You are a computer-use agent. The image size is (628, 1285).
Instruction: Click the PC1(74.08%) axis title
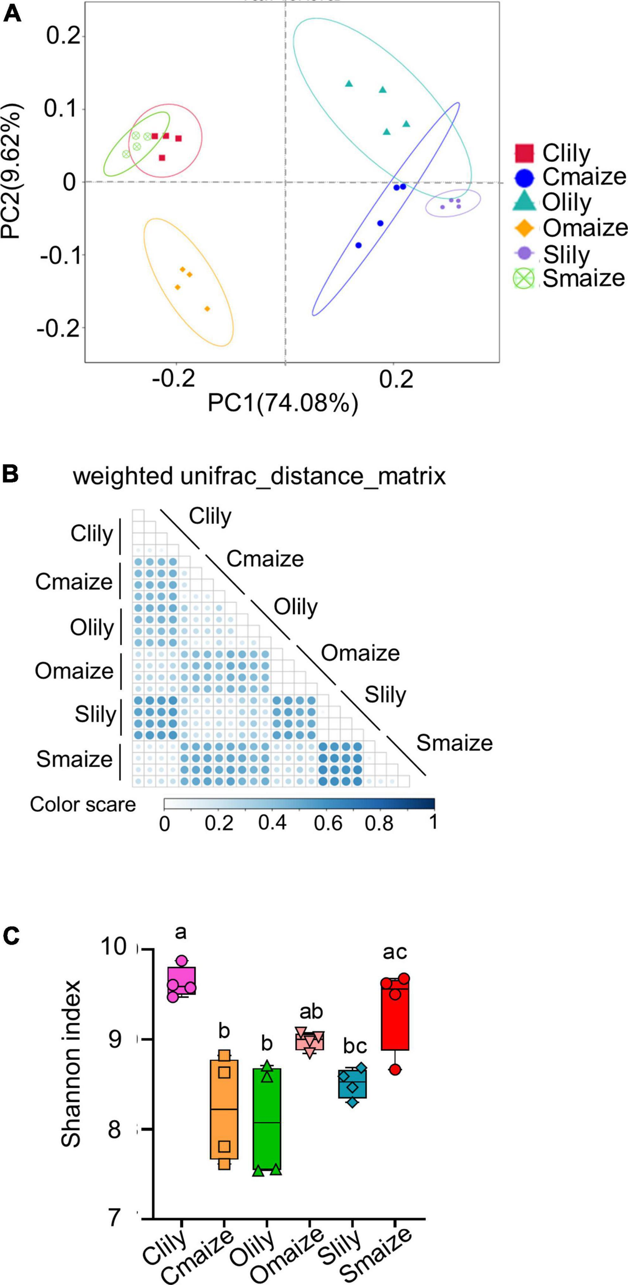tap(283, 404)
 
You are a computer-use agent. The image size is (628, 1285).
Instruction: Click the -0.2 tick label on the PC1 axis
tap(173, 378)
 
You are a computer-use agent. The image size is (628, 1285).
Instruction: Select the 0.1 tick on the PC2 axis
tap(62, 109)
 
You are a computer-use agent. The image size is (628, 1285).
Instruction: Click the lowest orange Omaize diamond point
tap(207, 309)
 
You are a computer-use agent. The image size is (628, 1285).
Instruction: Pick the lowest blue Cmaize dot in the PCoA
tap(358, 245)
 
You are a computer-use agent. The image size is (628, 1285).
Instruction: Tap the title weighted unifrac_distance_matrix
tap(259, 477)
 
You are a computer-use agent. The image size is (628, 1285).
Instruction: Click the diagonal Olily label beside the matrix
tap(296, 607)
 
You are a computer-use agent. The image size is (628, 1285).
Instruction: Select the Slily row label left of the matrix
tap(95, 714)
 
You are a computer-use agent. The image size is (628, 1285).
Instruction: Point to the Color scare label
tap(83, 804)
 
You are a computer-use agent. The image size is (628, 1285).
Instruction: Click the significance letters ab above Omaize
tap(311, 1012)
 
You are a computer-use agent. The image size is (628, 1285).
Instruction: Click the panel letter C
tap(12, 936)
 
